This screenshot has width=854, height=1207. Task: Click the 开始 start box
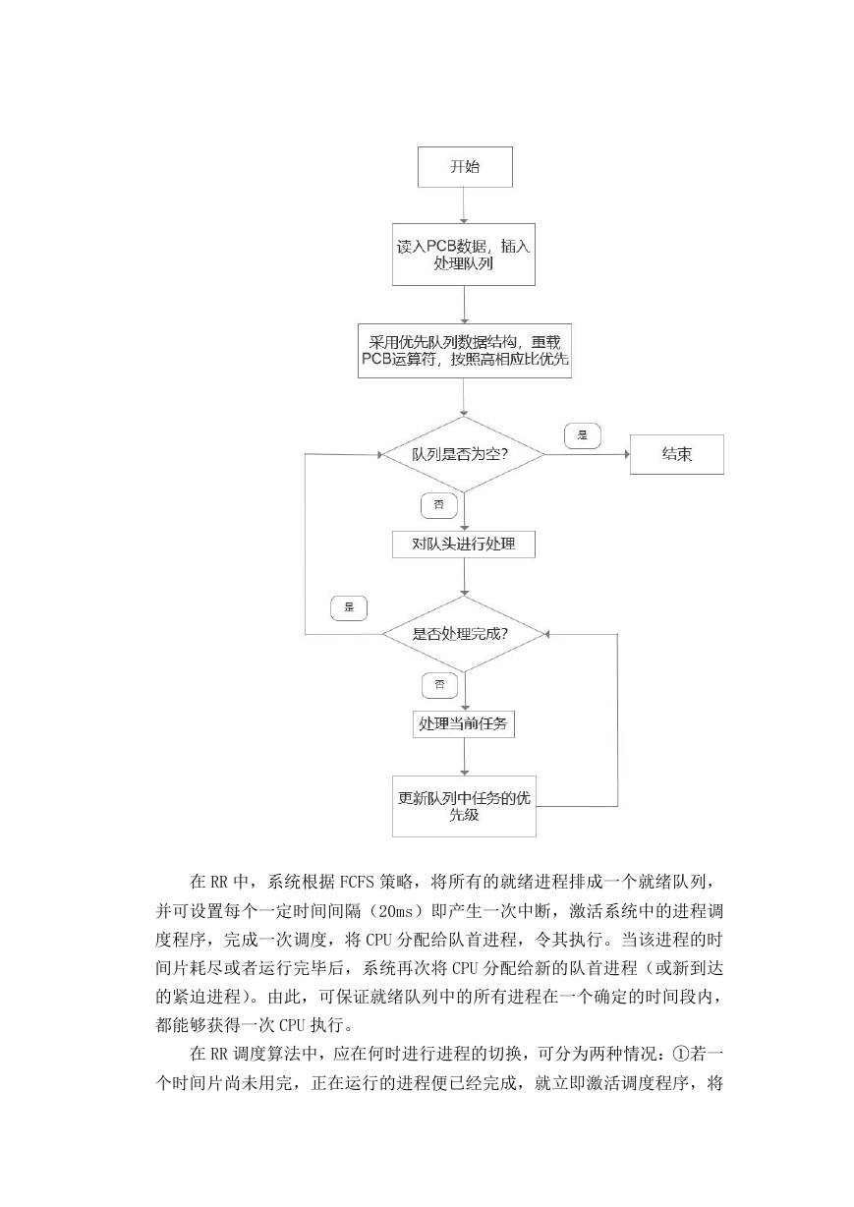(465, 167)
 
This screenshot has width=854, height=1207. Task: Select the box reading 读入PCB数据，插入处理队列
(464, 255)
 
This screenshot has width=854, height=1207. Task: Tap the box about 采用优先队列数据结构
(465, 351)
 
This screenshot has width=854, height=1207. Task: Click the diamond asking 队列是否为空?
(464, 454)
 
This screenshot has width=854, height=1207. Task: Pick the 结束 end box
(677, 454)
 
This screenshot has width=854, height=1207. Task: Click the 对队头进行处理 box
(464, 545)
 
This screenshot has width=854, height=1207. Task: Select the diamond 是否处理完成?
(464, 634)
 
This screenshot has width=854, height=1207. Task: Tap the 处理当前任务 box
(464, 724)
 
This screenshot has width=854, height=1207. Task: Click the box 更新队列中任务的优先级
(464, 806)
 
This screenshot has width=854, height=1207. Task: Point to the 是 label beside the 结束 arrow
(583, 435)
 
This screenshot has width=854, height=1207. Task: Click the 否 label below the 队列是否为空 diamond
(439, 505)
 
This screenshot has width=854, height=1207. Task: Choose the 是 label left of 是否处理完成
(349, 608)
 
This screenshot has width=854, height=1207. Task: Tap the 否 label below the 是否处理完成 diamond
(439, 685)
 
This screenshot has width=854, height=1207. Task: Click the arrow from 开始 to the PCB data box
(464, 205)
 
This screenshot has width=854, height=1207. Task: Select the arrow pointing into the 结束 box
(588, 454)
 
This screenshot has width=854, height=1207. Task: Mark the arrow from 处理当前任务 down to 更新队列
(464, 757)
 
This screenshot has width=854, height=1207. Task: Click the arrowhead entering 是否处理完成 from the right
(546, 634)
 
